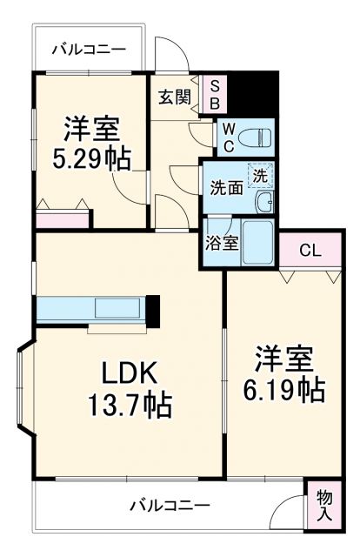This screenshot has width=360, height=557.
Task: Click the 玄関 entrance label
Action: [x=174, y=97]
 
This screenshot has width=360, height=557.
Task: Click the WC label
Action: [x=224, y=137]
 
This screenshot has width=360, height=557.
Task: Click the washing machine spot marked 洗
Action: [x=259, y=174]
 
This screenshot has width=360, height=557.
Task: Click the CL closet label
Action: [x=310, y=252]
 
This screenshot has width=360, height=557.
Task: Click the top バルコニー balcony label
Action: [x=88, y=50]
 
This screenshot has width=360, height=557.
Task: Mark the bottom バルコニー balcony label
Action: [x=170, y=504]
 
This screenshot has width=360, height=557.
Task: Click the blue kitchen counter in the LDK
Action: [x=91, y=310]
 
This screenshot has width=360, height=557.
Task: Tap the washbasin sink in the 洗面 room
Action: [x=264, y=203]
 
